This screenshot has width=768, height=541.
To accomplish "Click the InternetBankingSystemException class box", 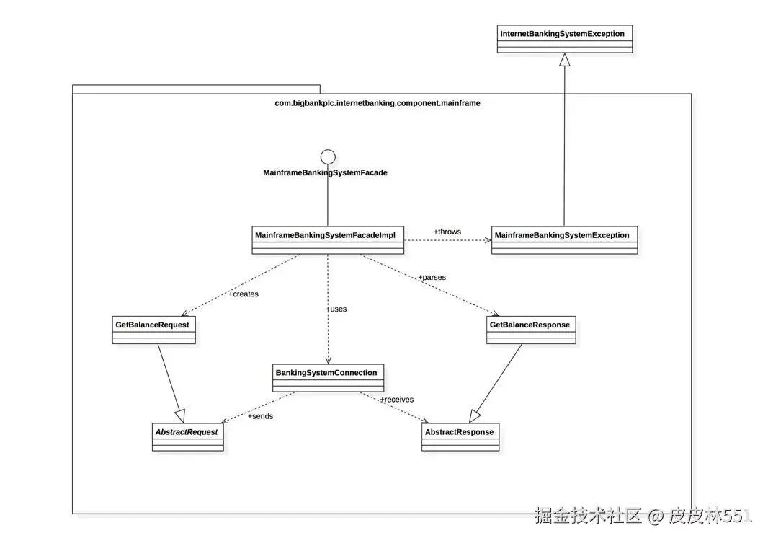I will (x=565, y=38).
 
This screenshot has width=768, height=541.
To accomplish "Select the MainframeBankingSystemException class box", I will (x=564, y=240).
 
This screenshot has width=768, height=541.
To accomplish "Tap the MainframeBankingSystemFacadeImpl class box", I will (x=328, y=240).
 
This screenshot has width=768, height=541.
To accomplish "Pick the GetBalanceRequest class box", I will (x=153, y=330).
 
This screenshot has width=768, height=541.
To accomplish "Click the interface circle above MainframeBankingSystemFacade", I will (x=328, y=156).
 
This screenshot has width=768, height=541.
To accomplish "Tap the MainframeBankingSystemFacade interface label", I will (x=326, y=173).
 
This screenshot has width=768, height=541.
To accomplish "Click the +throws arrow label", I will (x=447, y=232).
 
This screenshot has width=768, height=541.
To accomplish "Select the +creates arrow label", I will (x=243, y=294).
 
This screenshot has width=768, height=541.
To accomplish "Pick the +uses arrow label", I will (x=336, y=309).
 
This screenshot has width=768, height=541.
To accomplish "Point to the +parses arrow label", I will (x=432, y=277).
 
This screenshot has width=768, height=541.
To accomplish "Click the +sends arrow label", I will (x=260, y=416).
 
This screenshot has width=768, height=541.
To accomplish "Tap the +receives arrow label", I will (x=396, y=399).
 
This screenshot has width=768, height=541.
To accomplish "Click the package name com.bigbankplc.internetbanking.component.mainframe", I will (x=378, y=103).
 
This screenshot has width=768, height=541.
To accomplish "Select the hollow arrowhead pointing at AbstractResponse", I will (x=474, y=416).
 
